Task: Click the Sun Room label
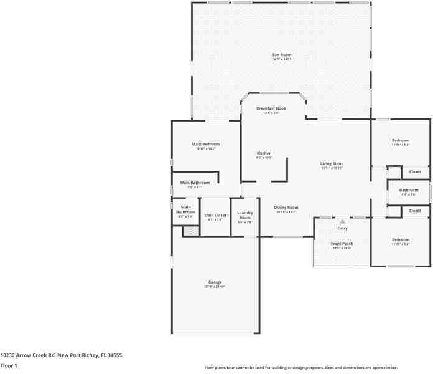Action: [281, 55]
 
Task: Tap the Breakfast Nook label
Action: [271, 108]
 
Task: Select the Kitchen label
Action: [264, 153]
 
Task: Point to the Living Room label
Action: [332, 163]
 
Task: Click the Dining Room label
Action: [286, 207]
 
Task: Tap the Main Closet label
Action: [215, 215]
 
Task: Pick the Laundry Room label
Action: [244, 215]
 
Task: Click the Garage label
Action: [215, 282]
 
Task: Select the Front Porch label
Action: [341, 243]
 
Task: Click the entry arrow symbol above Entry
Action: [342, 221]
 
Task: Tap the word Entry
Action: [342, 228]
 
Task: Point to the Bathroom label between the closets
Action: [409, 190]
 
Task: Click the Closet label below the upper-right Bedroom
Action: [415, 171]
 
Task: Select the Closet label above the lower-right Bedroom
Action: [415, 211]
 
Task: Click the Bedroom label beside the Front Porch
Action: [400, 240]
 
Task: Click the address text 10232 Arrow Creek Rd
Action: [29, 355]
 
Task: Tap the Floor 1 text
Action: [9, 365]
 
